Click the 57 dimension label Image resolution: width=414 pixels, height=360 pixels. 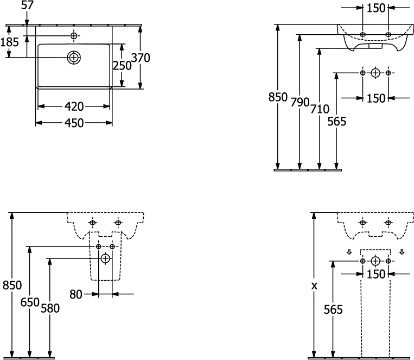tap(28, 5)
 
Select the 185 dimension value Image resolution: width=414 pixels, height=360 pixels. tap(10, 42)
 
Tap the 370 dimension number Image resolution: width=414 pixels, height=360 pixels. tap(141, 58)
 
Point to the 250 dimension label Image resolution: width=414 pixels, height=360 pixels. tap(122, 66)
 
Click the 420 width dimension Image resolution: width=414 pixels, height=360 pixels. tap(74, 106)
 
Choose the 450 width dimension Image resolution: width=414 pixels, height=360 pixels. tap(74, 123)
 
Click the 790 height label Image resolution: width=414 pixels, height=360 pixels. tap(300, 102)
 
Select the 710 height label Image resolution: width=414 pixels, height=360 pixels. tap(320, 109)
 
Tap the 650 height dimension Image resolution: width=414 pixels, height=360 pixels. tap(30, 302)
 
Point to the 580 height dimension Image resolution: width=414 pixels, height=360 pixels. tap(50, 308)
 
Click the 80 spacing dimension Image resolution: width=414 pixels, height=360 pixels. tap(76, 294)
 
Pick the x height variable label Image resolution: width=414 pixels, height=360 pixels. tap(314, 286)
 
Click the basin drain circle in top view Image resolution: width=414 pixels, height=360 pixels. tap(74, 57)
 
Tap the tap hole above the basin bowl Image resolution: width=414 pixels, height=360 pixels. tap(74, 35)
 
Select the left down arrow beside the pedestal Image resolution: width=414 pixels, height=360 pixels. tap(349, 252)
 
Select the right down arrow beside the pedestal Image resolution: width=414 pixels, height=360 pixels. tap(402, 252)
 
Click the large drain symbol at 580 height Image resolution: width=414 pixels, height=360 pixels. tap(105, 258)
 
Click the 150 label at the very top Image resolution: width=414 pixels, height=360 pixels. tap(376, 8)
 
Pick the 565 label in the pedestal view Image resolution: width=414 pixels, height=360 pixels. tap(334, 310)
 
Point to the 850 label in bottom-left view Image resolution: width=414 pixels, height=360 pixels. tap(12, 285)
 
